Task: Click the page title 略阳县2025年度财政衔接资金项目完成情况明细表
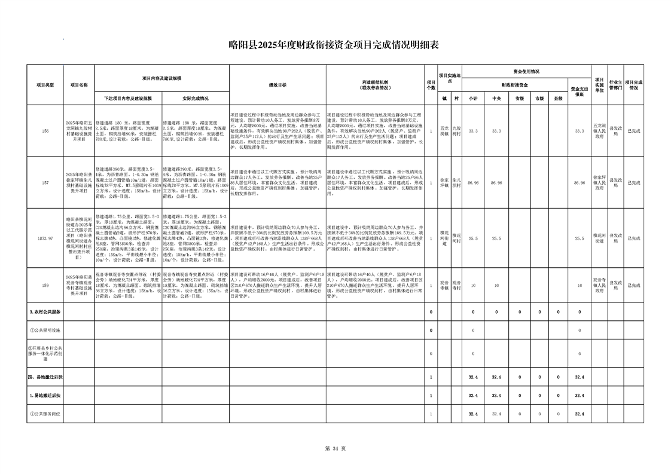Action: point(334,45)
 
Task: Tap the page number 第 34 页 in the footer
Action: point(335,448)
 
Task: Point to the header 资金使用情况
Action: point(526,71)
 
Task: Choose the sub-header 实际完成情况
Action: point(195,98)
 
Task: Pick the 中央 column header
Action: point(496,98)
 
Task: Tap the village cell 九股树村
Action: point(457,131)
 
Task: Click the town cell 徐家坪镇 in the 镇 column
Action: point(444,182)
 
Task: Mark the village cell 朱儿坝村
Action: point(457,182)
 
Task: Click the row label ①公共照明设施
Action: point(45,330)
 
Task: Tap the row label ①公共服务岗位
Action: point(46,414)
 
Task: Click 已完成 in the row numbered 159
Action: point(633,286)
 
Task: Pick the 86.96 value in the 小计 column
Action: point(473,182)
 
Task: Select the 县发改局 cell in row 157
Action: point(616,182)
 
